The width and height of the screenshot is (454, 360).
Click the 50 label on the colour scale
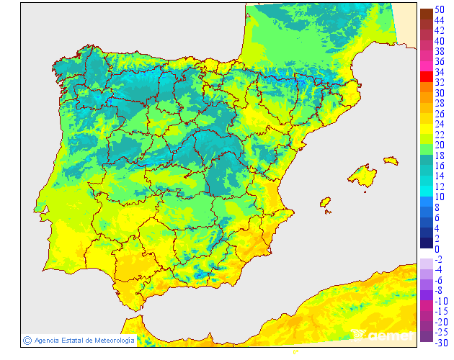pos(439,11)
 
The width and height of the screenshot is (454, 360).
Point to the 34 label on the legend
pos(439,73)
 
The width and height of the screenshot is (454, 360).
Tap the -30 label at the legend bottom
pos(440,342)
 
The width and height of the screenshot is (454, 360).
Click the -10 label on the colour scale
pos(440,301)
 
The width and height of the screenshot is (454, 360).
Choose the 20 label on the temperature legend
pos(439,145)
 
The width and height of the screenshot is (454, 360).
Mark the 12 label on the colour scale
pos(439,186)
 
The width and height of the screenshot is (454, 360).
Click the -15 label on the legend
pos(440,311)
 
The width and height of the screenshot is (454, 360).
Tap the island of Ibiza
pos(326,202)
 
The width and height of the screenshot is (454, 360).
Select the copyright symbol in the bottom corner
pos(27,340)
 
